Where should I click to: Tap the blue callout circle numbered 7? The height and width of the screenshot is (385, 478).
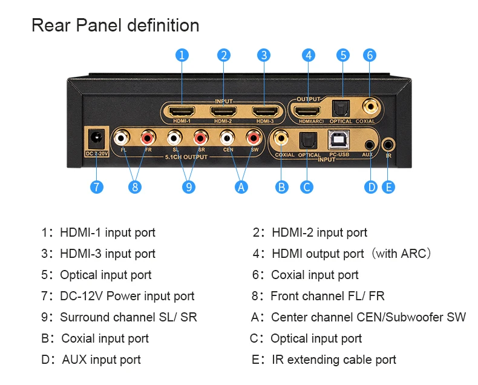[x=97, y=186]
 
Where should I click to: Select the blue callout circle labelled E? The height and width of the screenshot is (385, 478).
[x=388, y=186]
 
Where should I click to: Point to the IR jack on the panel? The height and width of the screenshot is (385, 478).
[x=388, y=144]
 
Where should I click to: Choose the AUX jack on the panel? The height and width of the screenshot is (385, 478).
[x=370, y=144]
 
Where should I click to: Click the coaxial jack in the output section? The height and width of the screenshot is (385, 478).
[x=369, y=108]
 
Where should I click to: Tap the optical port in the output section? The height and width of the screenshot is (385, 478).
[x=342, y=108]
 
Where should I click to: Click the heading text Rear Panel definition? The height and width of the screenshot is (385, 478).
[x=115, y=25]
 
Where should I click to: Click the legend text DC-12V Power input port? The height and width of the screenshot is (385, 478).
[x=127, y=296]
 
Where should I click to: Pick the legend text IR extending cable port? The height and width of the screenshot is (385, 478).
[x=334, y=360]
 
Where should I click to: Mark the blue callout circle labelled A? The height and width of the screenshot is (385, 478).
[x=241, y=186]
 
